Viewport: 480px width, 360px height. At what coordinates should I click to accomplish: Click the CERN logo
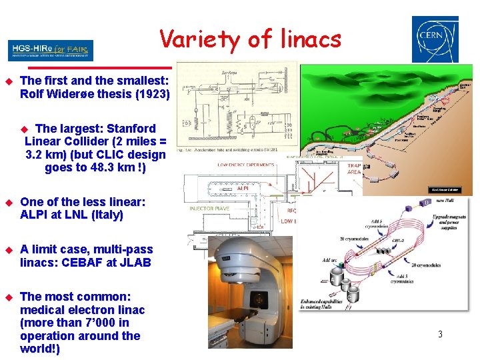[435, 39]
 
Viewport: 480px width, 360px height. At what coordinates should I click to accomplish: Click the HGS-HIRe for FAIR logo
[51, 50]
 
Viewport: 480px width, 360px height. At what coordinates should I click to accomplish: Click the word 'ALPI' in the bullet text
[35, 215]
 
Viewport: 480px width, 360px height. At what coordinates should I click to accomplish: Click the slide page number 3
[440, 334]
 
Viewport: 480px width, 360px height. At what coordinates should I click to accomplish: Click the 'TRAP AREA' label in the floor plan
[354, 169]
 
